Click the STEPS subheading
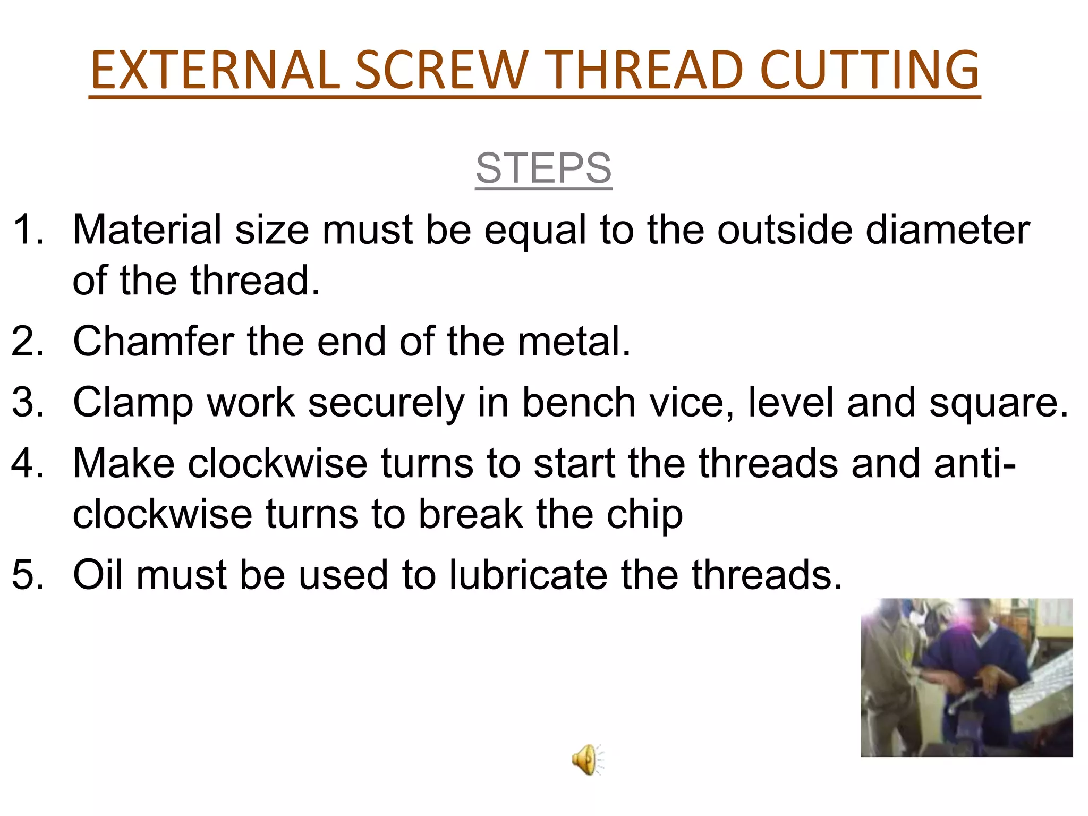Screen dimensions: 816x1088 click(x=543, y=168)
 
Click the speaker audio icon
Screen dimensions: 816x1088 click(x=588, y=760)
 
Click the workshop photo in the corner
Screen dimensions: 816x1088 click(x=966, y=677)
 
